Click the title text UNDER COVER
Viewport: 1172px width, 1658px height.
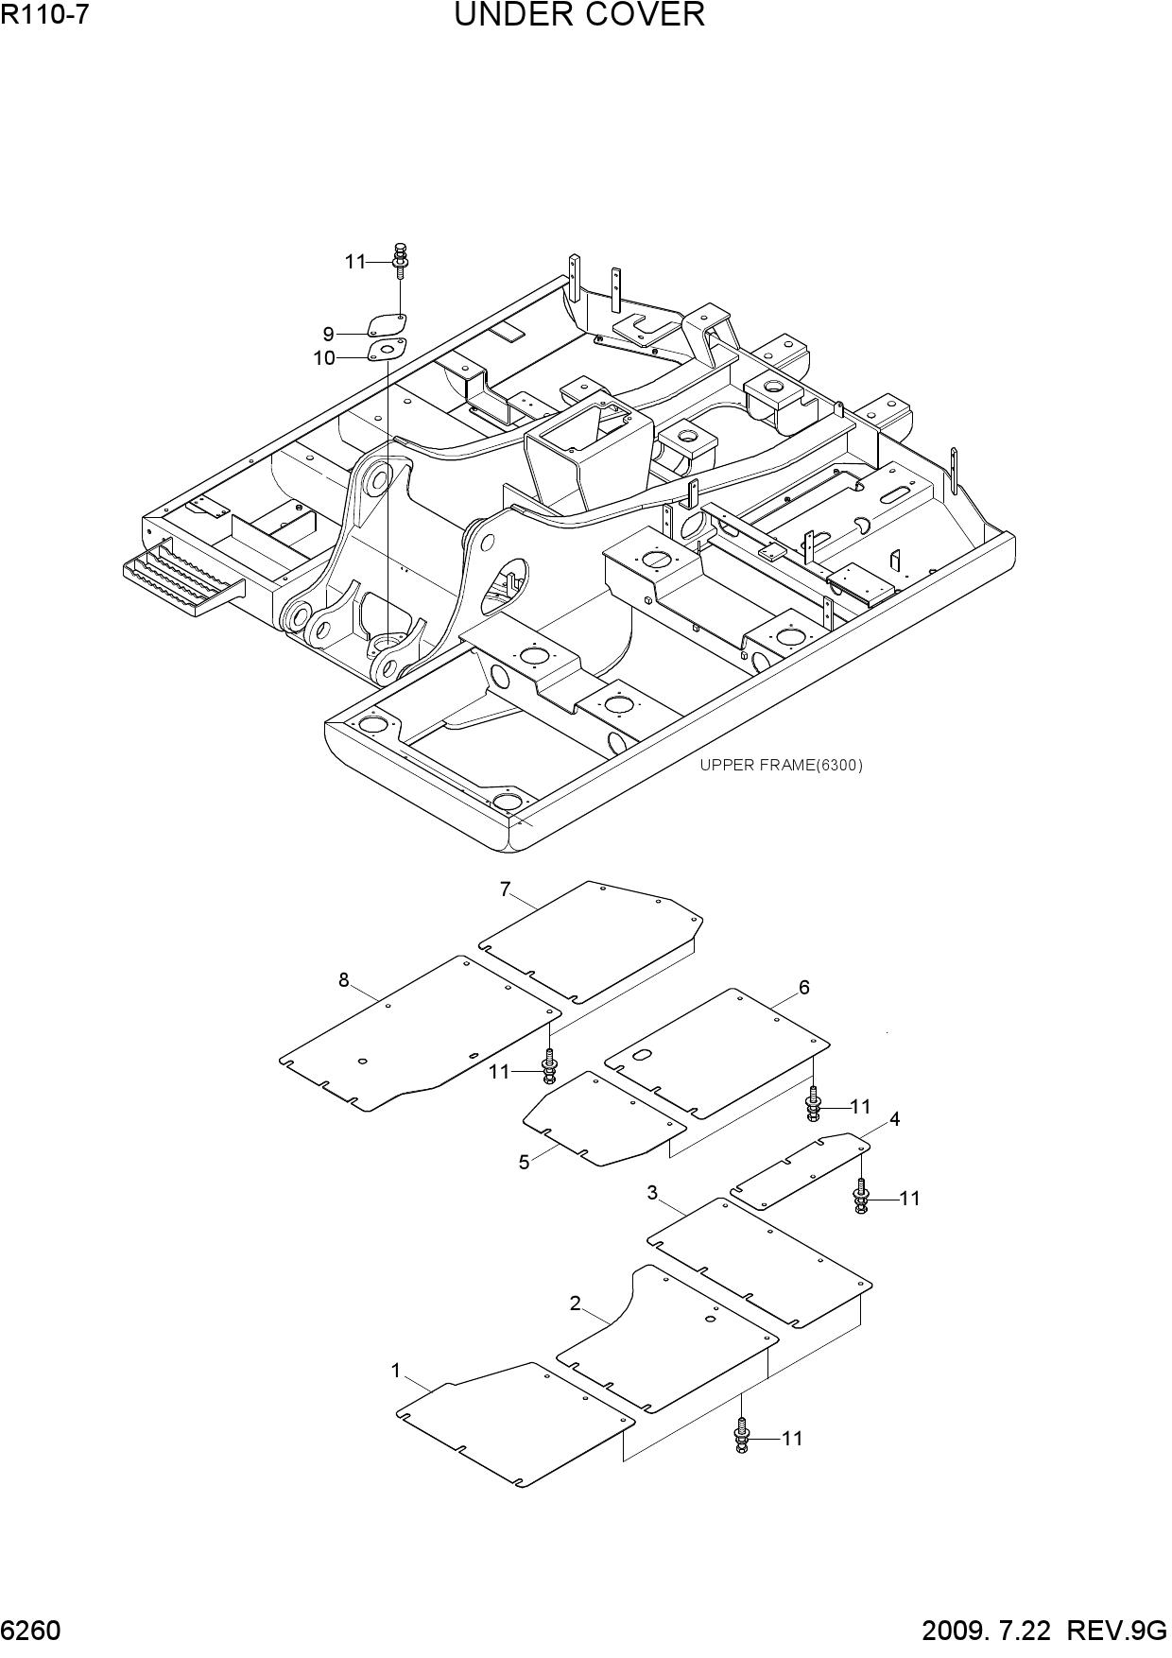click(579, 15)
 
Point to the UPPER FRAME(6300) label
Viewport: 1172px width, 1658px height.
click(781, 765)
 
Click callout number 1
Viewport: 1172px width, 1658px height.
click(396, 1371)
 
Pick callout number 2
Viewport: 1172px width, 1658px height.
click(575, 1304)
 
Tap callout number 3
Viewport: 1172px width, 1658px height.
click(652, 1193)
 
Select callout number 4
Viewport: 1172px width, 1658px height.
click(894, 1119)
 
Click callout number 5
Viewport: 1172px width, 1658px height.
click(524, 1163)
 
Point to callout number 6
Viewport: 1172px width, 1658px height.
click(804, 988)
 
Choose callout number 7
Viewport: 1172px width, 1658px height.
click(506, 889)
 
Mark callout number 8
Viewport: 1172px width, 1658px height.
click(344, 980)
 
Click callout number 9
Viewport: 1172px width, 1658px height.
click(328, 334)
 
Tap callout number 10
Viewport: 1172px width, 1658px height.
click(324, 358)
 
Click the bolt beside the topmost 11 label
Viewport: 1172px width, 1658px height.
click(401, 260)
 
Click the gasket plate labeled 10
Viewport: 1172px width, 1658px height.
click(387, 350)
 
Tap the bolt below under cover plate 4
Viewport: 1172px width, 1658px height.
click(861, 1196)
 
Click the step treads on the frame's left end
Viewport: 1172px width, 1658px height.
click(182, 581)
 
